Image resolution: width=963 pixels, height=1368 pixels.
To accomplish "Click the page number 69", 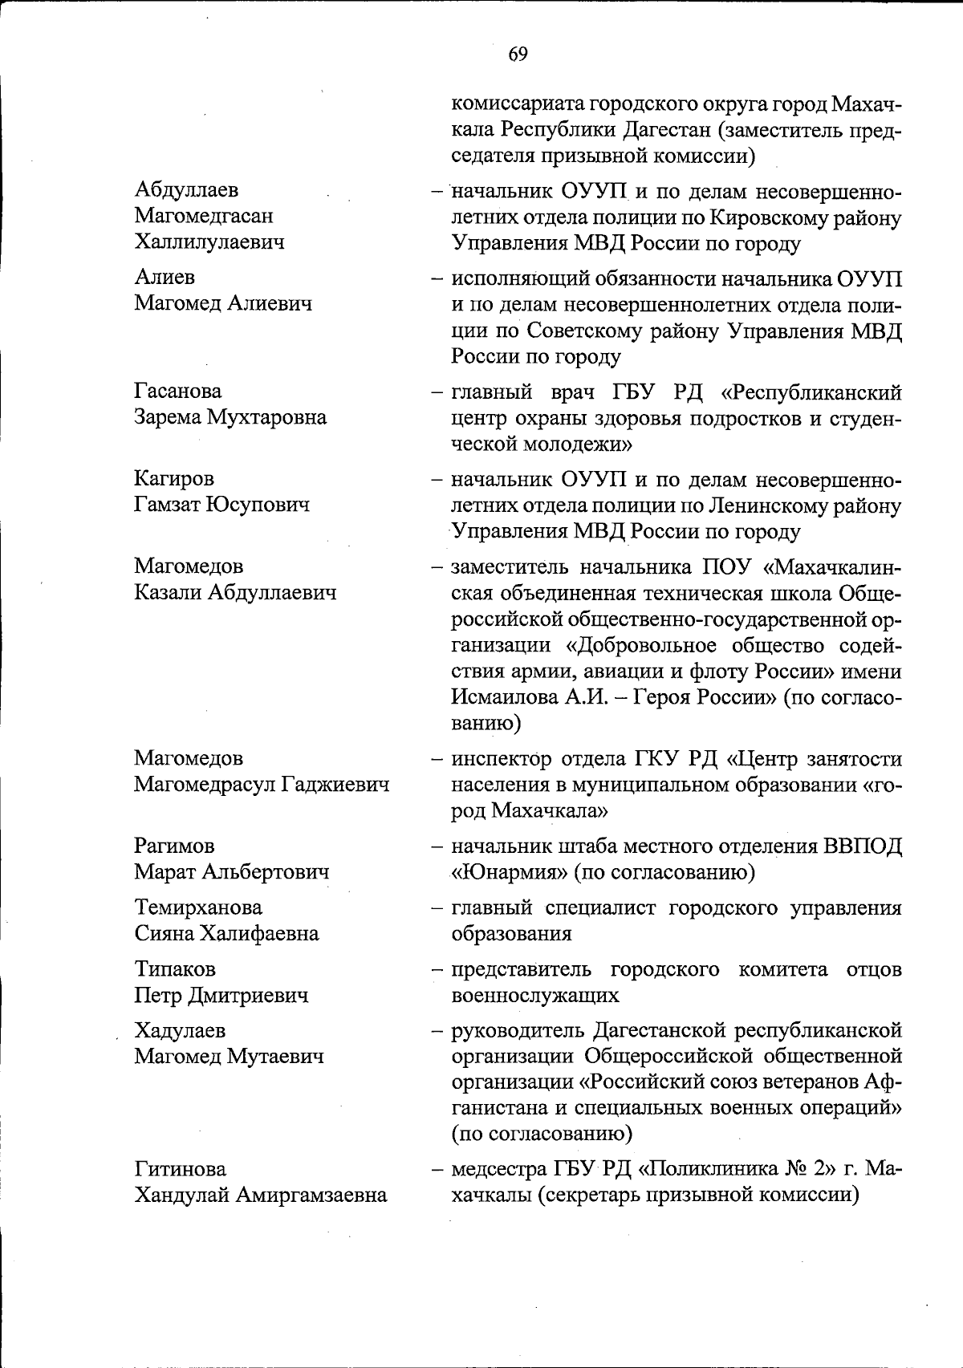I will (518, 54).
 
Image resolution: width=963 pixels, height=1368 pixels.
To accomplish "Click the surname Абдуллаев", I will (187, 190).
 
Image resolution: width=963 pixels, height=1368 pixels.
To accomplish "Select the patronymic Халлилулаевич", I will (209, 242).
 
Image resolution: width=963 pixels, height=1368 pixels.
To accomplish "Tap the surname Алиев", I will (165, 278).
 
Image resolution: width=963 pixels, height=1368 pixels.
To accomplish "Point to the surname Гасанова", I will (178, 392).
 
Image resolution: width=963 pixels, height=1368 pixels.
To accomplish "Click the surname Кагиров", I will (174, 479).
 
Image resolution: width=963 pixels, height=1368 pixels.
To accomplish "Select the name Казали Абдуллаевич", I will (235, 592).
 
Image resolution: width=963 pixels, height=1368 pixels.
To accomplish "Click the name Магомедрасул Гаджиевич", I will (262, 784).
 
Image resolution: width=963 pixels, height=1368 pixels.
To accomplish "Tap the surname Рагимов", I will (174, 846).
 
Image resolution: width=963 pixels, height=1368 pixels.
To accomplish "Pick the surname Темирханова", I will (198, 907).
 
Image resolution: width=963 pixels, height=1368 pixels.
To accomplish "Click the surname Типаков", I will (175, 969).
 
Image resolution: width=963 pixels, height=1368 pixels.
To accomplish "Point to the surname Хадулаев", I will (180, 1030).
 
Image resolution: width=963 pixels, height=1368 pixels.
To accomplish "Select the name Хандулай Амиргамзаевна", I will (261, 1195).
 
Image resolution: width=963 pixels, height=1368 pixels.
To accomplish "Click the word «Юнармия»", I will (506, 872).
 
